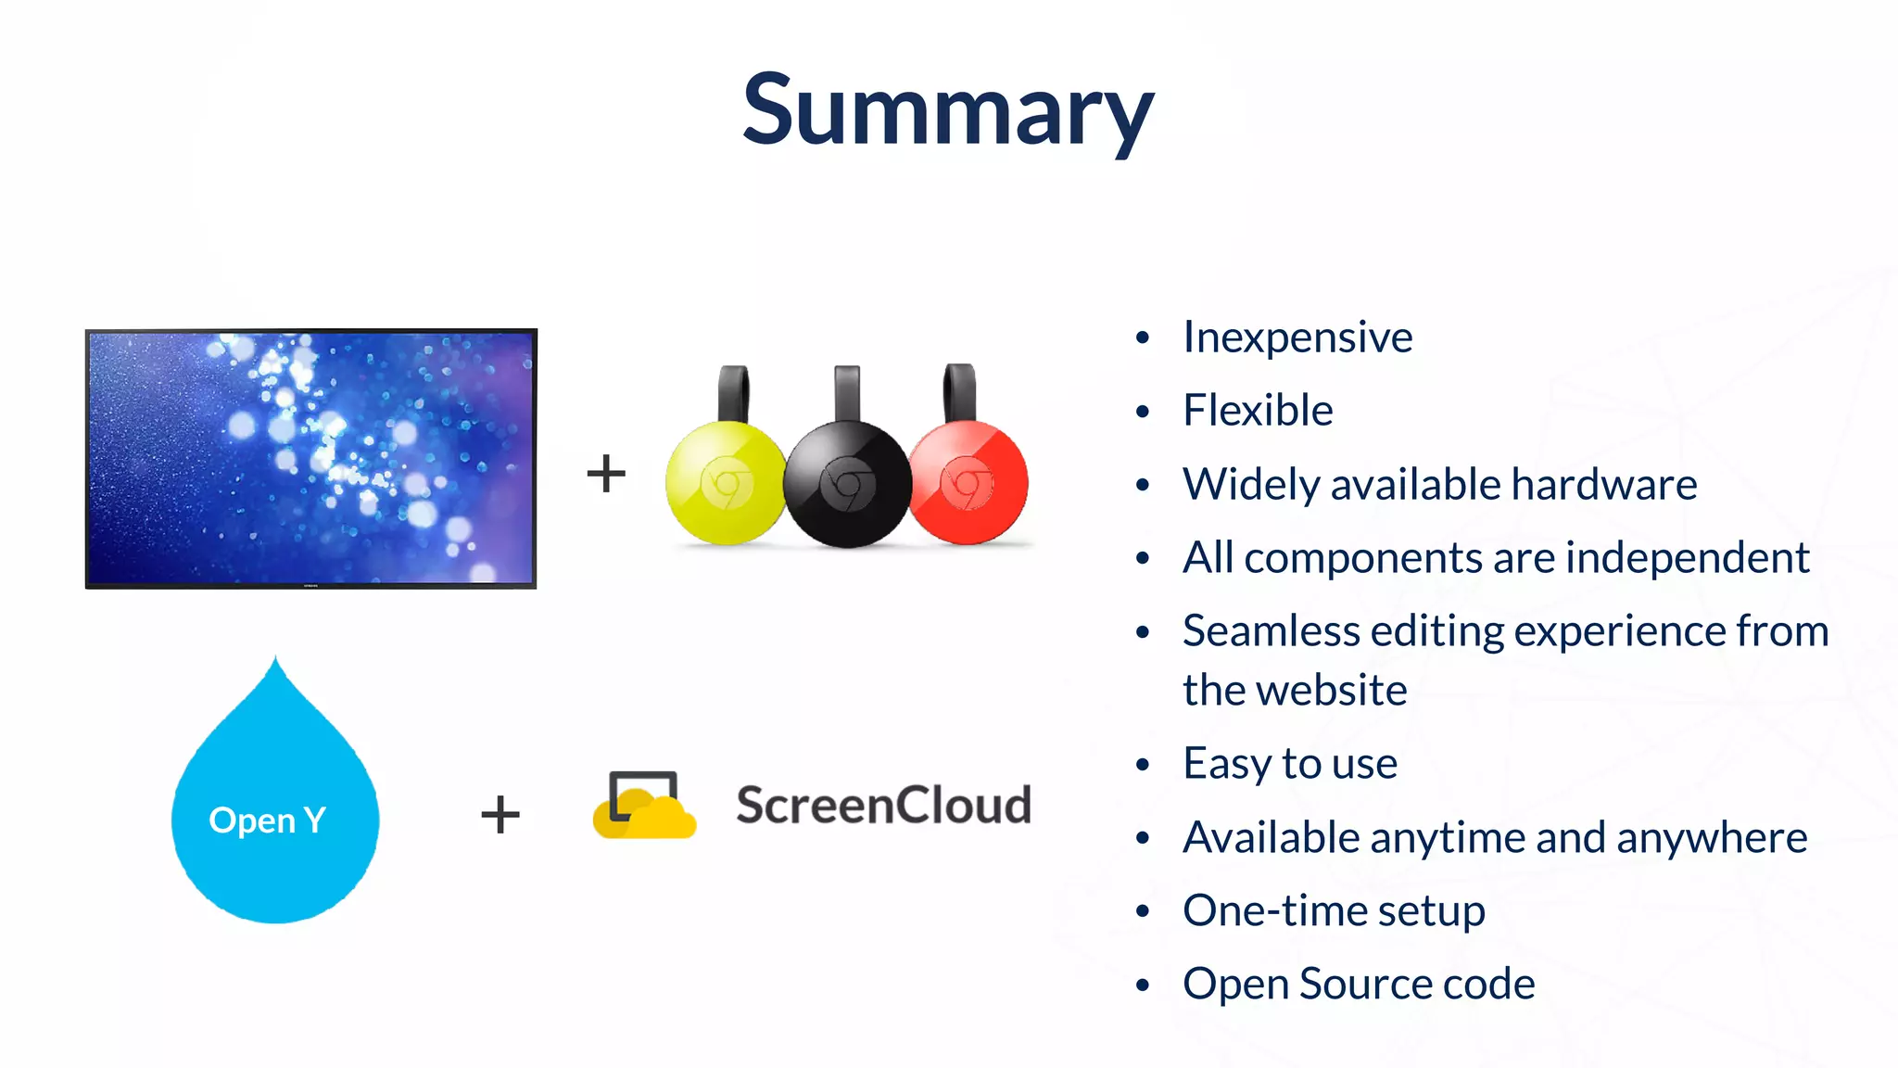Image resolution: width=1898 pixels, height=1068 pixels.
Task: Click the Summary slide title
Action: [x=947, y=111]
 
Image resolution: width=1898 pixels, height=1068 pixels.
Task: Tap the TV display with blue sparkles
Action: [x=311, y=458]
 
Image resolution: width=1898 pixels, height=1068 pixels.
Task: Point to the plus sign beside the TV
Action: [x=606, y=473]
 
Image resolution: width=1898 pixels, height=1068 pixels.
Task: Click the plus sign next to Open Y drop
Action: [x=500, y=814]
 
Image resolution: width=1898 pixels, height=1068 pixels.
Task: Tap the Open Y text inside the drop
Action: [x=267, y=820]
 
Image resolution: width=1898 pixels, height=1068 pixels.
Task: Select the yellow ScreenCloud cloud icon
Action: [x=643, y=807]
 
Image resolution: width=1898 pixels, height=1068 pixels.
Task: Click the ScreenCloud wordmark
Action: [x=882, y=805]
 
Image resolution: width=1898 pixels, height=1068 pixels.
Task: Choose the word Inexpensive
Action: [x=1297, y=337]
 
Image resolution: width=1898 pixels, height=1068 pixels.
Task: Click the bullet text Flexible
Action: [x=1258, y=411]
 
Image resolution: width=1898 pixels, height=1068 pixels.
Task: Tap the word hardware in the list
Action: [x=1603, y=484]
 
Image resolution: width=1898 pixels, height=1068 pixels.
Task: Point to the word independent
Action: [x=1687, y=558]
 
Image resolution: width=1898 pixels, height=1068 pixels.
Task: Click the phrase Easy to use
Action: [x=1290, y=764]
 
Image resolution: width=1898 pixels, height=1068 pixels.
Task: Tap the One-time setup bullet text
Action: [x=1334, y=910]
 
